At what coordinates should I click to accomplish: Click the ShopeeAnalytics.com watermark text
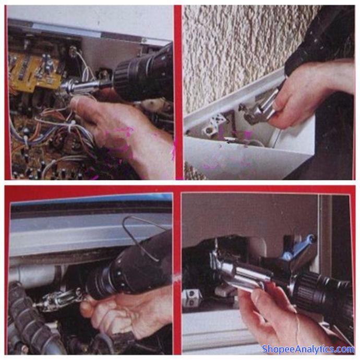click(x=308, y=349)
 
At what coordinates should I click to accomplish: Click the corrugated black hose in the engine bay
click(x=32, y=319)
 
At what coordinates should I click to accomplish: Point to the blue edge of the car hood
click(x=92, y=199)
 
